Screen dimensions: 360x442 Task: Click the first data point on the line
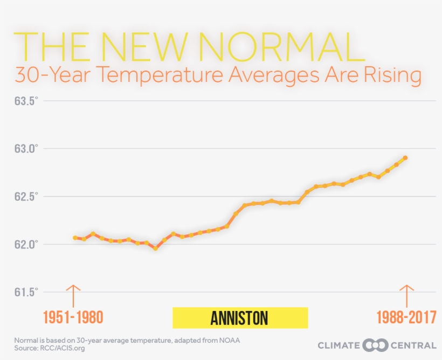(x=75, y=238)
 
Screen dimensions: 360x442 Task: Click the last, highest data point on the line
(x=405, y=158)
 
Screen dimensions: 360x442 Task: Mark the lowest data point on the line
(x=155, y=248)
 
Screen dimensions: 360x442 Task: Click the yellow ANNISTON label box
(x=240, y=317)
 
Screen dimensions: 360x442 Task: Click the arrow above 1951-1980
(x=73, y=295)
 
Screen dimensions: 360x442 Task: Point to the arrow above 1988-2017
(x=406, y=295)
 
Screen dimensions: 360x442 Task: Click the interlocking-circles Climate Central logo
(x=376, y=345)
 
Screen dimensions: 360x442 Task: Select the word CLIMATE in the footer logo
(x=339, y=345)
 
